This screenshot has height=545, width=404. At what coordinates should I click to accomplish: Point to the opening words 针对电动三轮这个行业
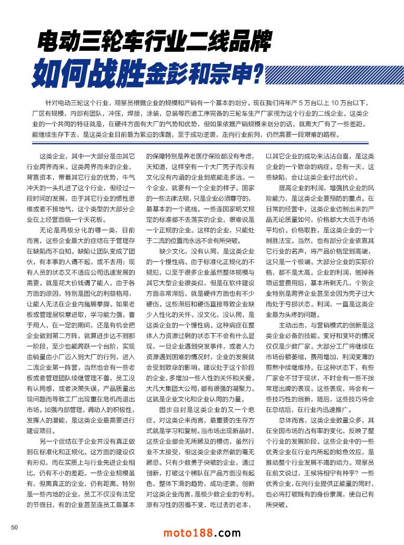[71, 101]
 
